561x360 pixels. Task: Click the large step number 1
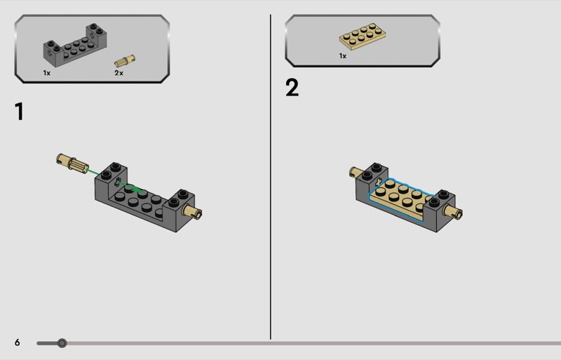[20, 112]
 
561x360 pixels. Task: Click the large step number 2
[292, 88]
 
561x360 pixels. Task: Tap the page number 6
[17, 342]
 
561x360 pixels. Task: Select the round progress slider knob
[62, 343]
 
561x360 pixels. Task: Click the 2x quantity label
[119, 73]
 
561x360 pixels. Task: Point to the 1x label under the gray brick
[47, 73]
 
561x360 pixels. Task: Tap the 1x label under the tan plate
[343, 56]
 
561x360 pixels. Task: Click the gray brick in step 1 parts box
[75, 46]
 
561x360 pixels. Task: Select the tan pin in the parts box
[125, 60]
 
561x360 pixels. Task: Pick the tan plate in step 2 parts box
[363, 36]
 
